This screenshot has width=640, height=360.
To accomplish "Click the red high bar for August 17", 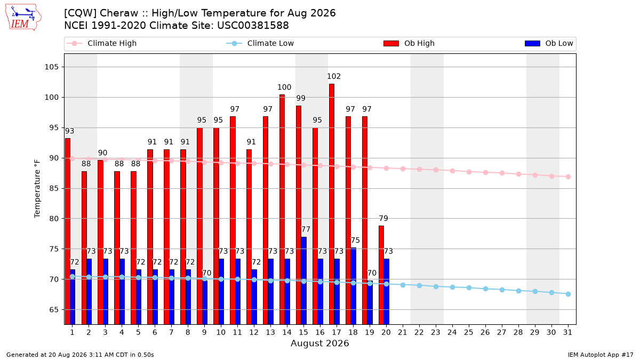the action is click(331, 204).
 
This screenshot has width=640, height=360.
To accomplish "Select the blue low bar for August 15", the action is click(303, 281).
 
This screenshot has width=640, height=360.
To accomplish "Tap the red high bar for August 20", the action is click(381, 275).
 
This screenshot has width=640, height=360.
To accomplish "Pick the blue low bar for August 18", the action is click(354, 286).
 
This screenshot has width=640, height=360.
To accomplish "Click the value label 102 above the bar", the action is click(334, 76).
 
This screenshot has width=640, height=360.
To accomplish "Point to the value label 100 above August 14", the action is click(284, 87).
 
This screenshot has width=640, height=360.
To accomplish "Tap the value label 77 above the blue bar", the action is click(306, 229).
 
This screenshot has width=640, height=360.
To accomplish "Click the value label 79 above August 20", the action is click(383, 218).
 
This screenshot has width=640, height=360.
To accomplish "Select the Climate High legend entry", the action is click(102, 43).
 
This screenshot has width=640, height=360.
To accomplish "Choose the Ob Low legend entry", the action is click(549, 43).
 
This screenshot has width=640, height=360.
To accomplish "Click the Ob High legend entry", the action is click(409, 43).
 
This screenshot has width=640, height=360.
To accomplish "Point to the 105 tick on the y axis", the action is click(51, 67).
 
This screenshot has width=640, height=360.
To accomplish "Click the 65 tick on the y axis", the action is click(54, 310).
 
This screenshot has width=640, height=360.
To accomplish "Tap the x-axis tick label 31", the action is click(567, 332).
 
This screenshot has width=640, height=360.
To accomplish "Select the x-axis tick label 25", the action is click(469, 332).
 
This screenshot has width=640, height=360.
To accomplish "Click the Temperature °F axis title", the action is click(37, 189).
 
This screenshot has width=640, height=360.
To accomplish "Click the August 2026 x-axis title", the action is click(319, 343).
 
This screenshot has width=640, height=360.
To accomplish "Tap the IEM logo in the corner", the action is click(23, 18).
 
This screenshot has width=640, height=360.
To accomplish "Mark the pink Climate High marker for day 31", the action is click(568, 177).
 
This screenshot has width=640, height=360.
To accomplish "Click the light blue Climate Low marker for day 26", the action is click(485, 289).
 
